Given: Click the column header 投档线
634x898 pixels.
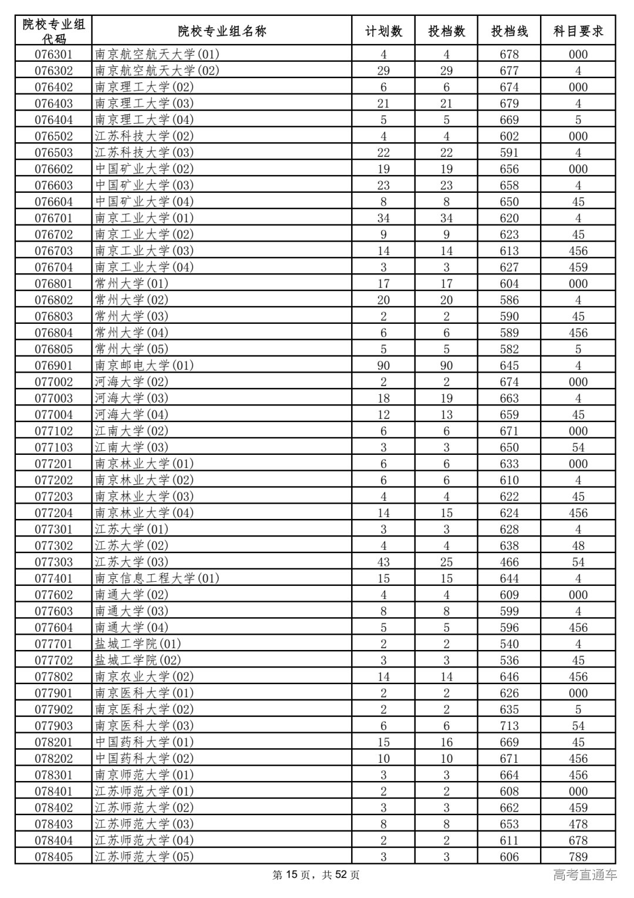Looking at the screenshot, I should tap(509, 32).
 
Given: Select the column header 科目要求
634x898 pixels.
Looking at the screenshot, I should tap(578, 32).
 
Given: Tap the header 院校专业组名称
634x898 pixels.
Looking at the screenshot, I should tap(222, 32).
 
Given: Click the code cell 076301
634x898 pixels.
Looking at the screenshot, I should tap(53, 55).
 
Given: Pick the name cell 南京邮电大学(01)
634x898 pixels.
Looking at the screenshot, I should tap(144, 366).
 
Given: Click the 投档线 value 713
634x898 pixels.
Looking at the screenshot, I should tap(509, 726).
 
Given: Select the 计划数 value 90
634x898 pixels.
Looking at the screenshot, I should tap(383, 366).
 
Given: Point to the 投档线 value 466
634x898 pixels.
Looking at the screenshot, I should tap(509, 562).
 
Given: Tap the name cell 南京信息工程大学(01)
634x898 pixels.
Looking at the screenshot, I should tap(157, 579).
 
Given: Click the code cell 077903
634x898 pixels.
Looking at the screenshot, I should tap(53, 726).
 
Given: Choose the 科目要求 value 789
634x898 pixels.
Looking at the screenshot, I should tap(578, 857).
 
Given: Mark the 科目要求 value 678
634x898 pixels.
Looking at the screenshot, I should tap(578, 840).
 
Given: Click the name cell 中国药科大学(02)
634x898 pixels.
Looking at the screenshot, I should tap(144, 759).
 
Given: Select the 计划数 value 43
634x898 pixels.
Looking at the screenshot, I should tap(383, 562).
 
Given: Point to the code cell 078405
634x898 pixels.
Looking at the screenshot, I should tap(53, 857).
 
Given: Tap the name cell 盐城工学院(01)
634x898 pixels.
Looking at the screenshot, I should tap(138, 644).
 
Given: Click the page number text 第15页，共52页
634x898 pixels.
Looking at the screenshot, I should tap(316, 875).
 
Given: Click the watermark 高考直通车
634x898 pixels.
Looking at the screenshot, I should tap(585, 875).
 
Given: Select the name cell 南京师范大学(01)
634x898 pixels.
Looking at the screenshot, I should tap(144, 775).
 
